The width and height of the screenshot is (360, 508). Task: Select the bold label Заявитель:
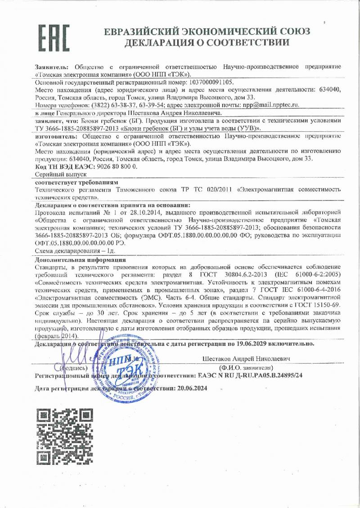click(51, 67)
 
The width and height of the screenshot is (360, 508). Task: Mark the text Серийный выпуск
click(57, 174)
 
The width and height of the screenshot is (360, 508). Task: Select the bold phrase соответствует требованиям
click(76, 183)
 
